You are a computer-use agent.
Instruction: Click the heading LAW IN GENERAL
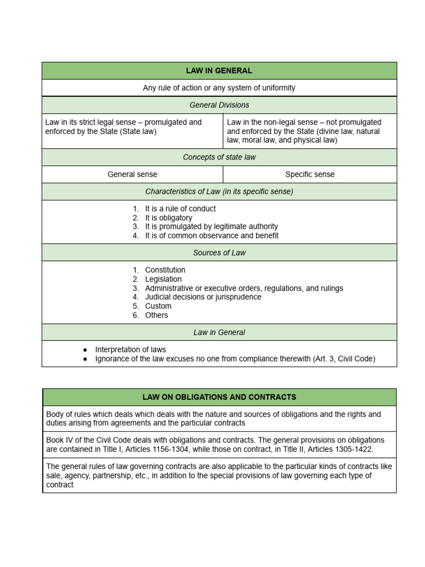coord(219,71)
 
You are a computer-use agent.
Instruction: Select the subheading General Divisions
coord(219,105)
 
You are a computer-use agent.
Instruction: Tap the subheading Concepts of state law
coord(219,157)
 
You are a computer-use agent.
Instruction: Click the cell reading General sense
coord(132,174)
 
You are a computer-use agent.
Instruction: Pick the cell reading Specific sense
coord(310,174)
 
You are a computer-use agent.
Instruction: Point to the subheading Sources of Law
coord(219,252)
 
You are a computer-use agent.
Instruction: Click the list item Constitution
coord(165,270)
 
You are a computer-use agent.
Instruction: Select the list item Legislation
coord(163,279)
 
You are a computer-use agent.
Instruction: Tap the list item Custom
coord(158,306)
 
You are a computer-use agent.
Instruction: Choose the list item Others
coord(156,315)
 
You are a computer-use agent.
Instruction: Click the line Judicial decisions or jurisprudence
coord(203,297)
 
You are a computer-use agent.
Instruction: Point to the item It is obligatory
coord(168,218)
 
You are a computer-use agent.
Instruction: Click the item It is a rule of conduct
coord(180,209)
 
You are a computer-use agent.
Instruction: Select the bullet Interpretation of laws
coord(130,350)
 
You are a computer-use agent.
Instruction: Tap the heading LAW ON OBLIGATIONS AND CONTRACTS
coord(219,397)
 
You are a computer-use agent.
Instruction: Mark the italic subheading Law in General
coord(219,333)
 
